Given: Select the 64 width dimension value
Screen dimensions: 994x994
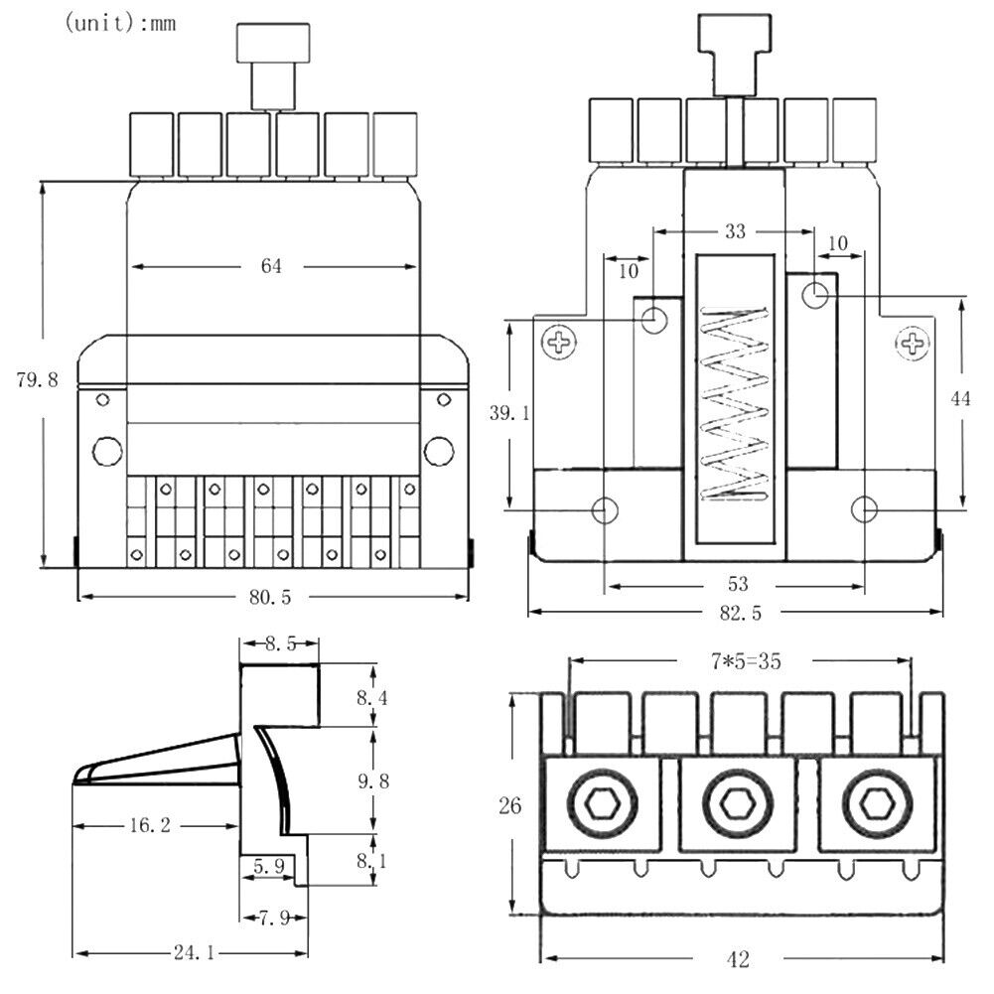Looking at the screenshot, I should (x=272, y=267).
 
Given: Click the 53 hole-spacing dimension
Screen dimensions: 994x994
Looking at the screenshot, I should (x=738, y=584).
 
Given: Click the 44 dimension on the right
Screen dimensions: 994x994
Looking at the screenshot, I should (x=960, y=398).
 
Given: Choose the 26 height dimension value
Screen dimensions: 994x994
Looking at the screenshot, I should (x=510, y=805).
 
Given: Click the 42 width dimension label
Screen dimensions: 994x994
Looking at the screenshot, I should (x=737, y=959).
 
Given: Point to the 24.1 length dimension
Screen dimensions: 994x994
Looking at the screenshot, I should (x=195, y=953).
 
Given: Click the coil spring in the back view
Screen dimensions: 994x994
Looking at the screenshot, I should (x=735, y=403).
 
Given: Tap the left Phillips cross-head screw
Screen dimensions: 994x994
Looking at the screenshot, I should (x=560, y=344).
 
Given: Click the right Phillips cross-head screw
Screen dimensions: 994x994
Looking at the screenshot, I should (x=912, y=344).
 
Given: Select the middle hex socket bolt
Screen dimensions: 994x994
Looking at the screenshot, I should (x=736, y=803).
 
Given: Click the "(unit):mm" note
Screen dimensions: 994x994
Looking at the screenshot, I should (x=120, y=24).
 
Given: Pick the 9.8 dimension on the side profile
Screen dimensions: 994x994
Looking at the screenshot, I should (x=373, y=781).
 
